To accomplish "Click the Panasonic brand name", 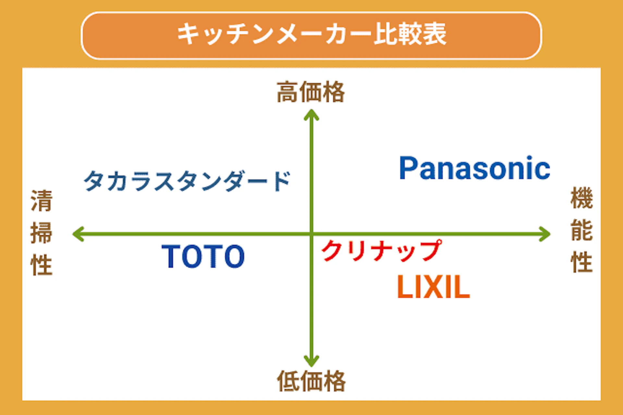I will click(x=474, y=168).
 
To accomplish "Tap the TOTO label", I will click(x=203, y=257).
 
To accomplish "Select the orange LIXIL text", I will click(x=434, y=287).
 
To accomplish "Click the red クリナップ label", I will click(x=382, y=251).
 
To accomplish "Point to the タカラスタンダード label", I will click(x=187, y=181).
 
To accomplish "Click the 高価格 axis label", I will click(x=311, y=92).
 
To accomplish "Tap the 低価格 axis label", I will click(x=311, y=381).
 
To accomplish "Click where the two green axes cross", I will click(x=311, y=234).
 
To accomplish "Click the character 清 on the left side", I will click(x=42, y=201).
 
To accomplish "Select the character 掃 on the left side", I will click(x=42, y=233).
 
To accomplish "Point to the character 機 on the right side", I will click(x=582, y=198).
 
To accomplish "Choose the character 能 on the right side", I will click(x=582, y=230).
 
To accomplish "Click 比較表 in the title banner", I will click(x=410, y=34).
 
